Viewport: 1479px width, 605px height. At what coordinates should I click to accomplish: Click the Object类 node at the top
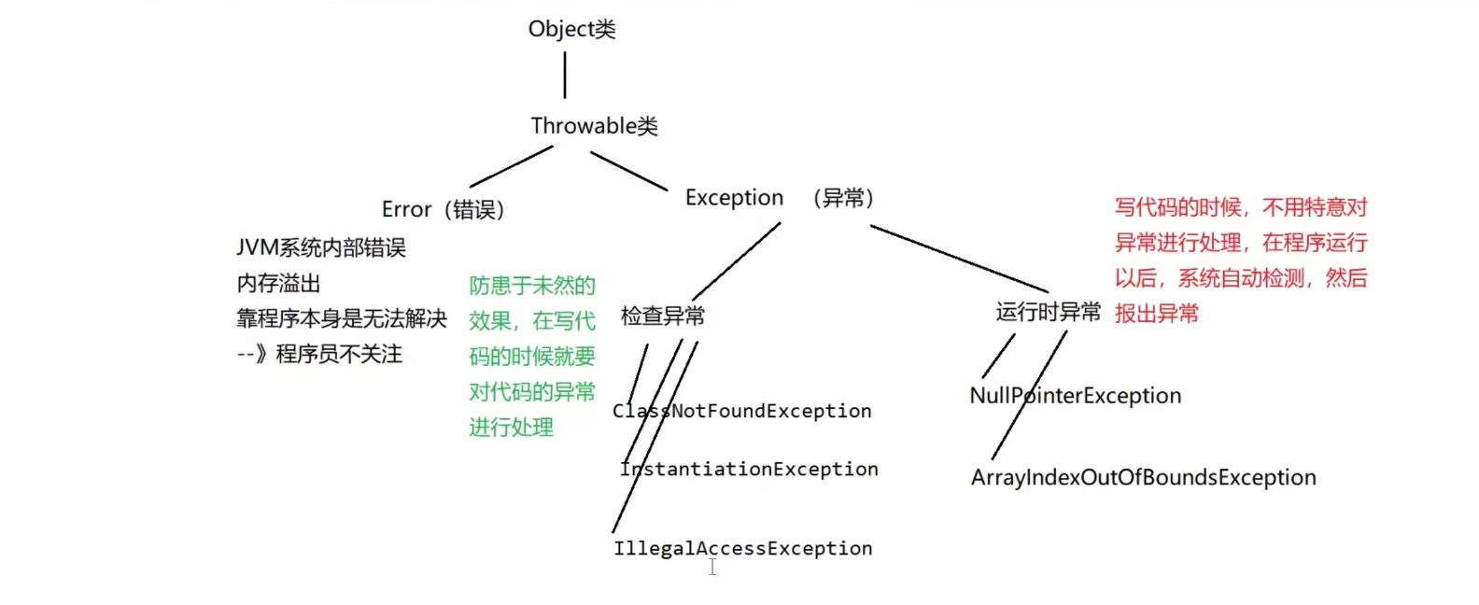[571, 29]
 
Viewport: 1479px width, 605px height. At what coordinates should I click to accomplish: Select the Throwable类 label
[594, 126]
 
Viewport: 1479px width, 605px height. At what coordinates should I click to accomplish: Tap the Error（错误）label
[443, 209]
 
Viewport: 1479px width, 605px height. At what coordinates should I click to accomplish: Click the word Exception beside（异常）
[734, 198]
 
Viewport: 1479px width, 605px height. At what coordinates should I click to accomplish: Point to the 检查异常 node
[663, 317]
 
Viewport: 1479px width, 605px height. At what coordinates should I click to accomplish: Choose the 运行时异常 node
[1048, 312]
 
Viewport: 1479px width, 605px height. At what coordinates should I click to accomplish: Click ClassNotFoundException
[742, 411]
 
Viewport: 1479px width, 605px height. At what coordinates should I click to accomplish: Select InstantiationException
[749, 469]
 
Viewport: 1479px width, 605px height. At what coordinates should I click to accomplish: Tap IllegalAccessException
[743, 548]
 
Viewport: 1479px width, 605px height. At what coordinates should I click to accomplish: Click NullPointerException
[1076, 396]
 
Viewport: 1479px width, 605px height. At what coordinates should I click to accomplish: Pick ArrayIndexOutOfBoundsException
[1143, 478]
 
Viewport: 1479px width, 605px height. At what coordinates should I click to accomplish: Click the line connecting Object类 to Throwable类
[565, 75]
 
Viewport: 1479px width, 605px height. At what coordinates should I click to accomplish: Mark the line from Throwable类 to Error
[512, 166]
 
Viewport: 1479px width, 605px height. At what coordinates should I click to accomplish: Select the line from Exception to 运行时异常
[959, 259]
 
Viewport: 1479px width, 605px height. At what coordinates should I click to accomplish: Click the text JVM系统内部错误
[321, 247]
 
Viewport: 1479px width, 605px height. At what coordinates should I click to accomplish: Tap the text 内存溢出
[278, 283]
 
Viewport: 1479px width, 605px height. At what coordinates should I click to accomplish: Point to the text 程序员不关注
[338, 354]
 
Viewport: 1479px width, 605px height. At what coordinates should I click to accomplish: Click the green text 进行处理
[511, 428]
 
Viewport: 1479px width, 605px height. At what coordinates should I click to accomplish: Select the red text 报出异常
[1156, 314]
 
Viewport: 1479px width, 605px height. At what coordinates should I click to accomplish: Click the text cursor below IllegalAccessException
[712, 567]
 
